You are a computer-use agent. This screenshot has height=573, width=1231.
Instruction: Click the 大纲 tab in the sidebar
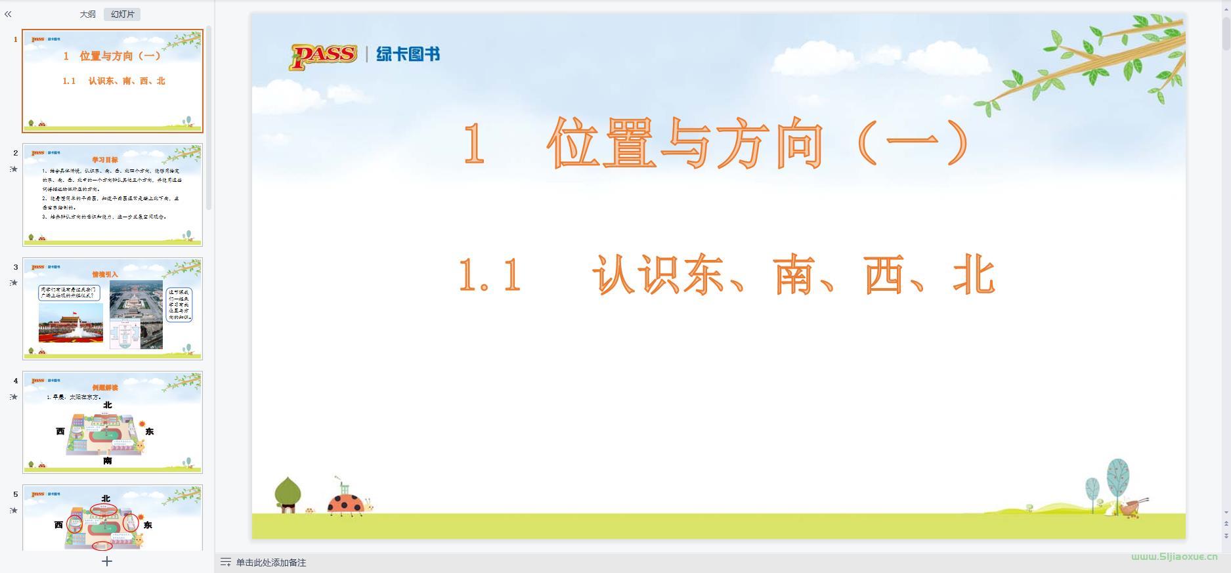pos(88,14)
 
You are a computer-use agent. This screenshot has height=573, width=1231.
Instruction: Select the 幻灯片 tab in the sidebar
pos(122,14)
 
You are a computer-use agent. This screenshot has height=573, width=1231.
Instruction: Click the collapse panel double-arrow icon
pos(8,14)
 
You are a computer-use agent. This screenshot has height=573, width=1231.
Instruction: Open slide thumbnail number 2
pos(112,195)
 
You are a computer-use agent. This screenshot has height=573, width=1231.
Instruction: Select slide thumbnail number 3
pos(112,308)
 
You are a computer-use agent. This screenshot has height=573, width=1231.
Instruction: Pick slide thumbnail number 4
pos(112,422)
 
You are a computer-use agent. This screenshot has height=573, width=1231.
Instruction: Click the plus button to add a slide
pos(107,561)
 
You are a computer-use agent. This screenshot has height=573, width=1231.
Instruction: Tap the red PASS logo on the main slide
pos(324,56)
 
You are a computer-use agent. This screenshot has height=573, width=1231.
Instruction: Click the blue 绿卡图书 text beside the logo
pos(408,54)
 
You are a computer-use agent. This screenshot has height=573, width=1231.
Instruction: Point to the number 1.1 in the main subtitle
pos(490,276)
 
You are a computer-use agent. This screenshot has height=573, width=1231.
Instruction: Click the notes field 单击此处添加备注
pos(270,562)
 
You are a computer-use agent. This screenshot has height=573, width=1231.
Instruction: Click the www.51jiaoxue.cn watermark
pos(1174,557)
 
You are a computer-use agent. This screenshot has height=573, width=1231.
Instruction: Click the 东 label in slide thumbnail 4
pos(150,431)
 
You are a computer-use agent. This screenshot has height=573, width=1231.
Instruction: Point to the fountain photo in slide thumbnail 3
pos(71,322)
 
